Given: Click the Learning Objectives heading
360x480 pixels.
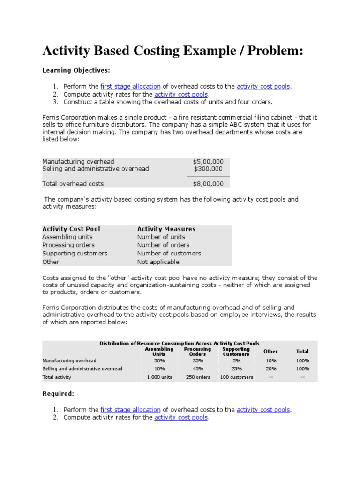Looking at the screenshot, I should pos(76,70).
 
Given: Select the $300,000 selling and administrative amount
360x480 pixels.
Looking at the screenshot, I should pos(209,169).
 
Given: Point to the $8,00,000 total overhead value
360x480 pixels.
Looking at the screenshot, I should pos(208,184).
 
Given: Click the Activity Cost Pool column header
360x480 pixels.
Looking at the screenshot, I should pos(71,229).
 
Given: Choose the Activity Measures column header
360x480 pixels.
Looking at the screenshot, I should pos(166,229).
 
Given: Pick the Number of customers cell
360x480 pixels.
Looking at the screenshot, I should pos(169,253).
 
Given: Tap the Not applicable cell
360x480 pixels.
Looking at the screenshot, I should pos(158,262).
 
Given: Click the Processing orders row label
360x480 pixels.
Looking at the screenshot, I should pos(68,245).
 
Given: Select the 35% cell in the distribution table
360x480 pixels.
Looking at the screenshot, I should pos(198,360).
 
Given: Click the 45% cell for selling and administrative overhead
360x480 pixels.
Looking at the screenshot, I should pos(198,368).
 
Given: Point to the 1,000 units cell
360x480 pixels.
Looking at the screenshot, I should pos(159,377).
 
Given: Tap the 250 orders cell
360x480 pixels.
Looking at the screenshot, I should pos(198,377).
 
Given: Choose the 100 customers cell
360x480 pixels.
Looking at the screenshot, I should pos(236,377).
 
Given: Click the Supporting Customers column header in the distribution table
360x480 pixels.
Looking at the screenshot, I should pos(236,352).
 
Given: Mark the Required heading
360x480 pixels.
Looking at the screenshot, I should pos(58,394).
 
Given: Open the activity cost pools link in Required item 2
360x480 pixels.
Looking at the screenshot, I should pos(181,417).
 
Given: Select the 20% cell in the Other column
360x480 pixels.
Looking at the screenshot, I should pos(270,368).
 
